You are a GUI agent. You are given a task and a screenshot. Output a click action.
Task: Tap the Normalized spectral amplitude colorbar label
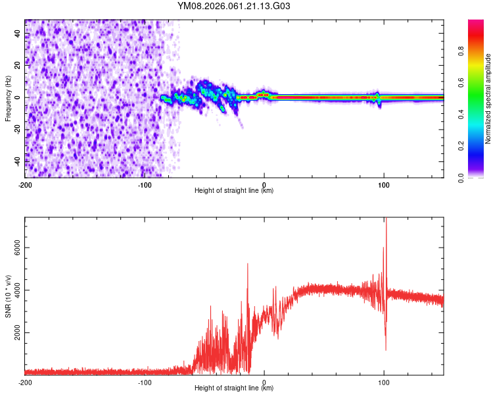coord(488,99)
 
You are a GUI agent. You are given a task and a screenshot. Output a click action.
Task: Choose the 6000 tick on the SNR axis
coord(14,248)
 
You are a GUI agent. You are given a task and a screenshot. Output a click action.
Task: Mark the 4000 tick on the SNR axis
coord(14,290)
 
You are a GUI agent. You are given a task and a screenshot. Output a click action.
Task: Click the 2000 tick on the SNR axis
coord(14,333)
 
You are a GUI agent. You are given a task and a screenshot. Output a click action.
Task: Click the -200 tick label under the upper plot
coord(25,184)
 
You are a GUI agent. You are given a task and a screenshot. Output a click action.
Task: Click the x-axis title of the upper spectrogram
coord(234,191)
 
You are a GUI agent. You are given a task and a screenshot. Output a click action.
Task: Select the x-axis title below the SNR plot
coord(234,388)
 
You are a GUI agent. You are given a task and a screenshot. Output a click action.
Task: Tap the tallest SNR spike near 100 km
coord(386,219)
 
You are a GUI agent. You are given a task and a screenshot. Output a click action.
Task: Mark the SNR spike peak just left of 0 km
coord(248,264)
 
